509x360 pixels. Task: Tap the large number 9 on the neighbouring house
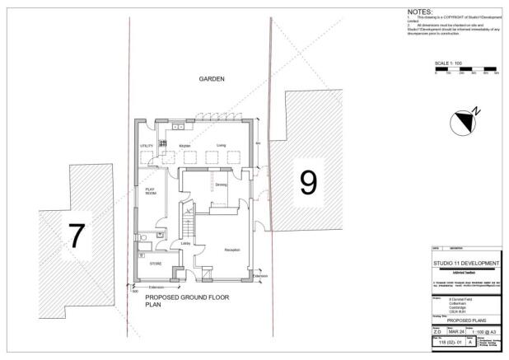pyautogui.click(x=308, y=181)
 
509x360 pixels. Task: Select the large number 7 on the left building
pyautogui.click(x=76, y=236)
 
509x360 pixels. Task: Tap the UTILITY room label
pyautogui.click(x=147, y=146)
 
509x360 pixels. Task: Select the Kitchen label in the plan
pyautogui.click(x=185, y=146)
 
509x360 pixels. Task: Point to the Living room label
pyautogui.click(x=221, y=146)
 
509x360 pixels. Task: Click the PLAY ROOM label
pyautogui.click(x=150, y=193)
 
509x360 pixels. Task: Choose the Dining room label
pyautogui.click(x=221, y=185)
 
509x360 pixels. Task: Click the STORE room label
pyautogui.click(x=155, y=264)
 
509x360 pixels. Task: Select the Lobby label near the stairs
pyautogui.click(x=185, y=243)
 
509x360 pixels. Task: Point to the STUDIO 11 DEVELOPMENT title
pyautogui.click(x=466, y=263)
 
